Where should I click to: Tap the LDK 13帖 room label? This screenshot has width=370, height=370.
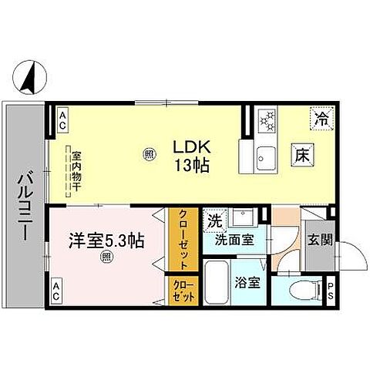(x=192, y=154)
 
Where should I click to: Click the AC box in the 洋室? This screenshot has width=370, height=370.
(x=59, y=291)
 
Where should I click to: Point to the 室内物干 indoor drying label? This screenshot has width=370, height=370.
(x=76, y=170)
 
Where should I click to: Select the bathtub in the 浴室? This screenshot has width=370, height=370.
(x=217, y=283)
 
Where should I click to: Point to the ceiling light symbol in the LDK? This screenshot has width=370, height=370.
(x=150, y=153)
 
